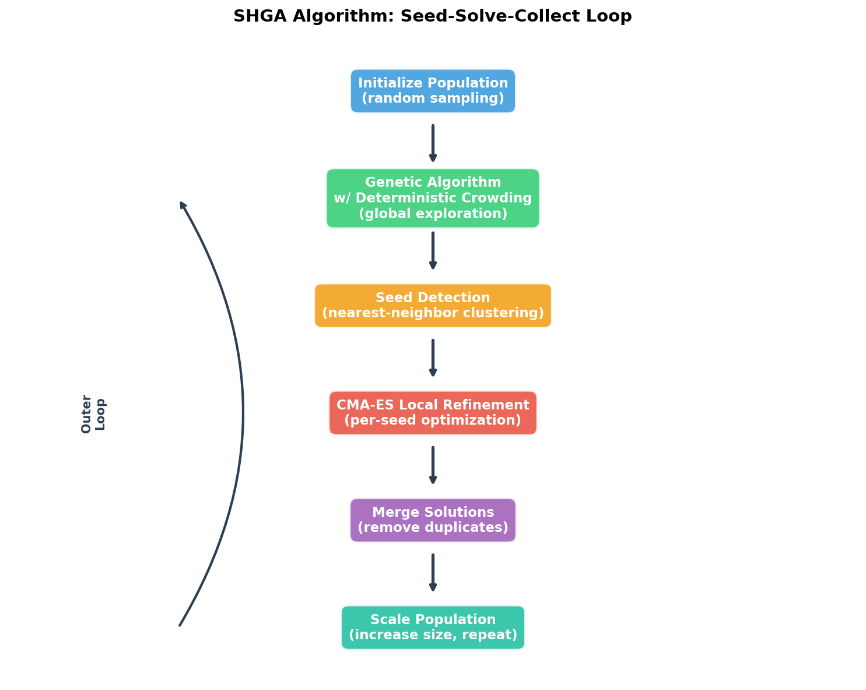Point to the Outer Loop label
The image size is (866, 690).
[93, 413]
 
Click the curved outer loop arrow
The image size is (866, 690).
[243, 413]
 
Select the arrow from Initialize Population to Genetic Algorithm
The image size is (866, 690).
[433, 143]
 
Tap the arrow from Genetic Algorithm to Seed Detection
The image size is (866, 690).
[433, 251]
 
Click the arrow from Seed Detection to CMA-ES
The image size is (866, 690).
[433, 358]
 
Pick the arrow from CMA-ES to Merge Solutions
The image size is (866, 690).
[433, 465]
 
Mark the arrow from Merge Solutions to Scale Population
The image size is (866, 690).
[433, 573]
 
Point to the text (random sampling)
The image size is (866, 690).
[433, 99]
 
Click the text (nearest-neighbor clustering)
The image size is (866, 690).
[433, 313]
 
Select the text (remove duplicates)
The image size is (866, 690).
[433, 528]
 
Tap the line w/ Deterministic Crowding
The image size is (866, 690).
[433, 198]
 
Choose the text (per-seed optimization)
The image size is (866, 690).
[433, 421]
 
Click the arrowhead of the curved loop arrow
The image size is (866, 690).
[183, 205]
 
